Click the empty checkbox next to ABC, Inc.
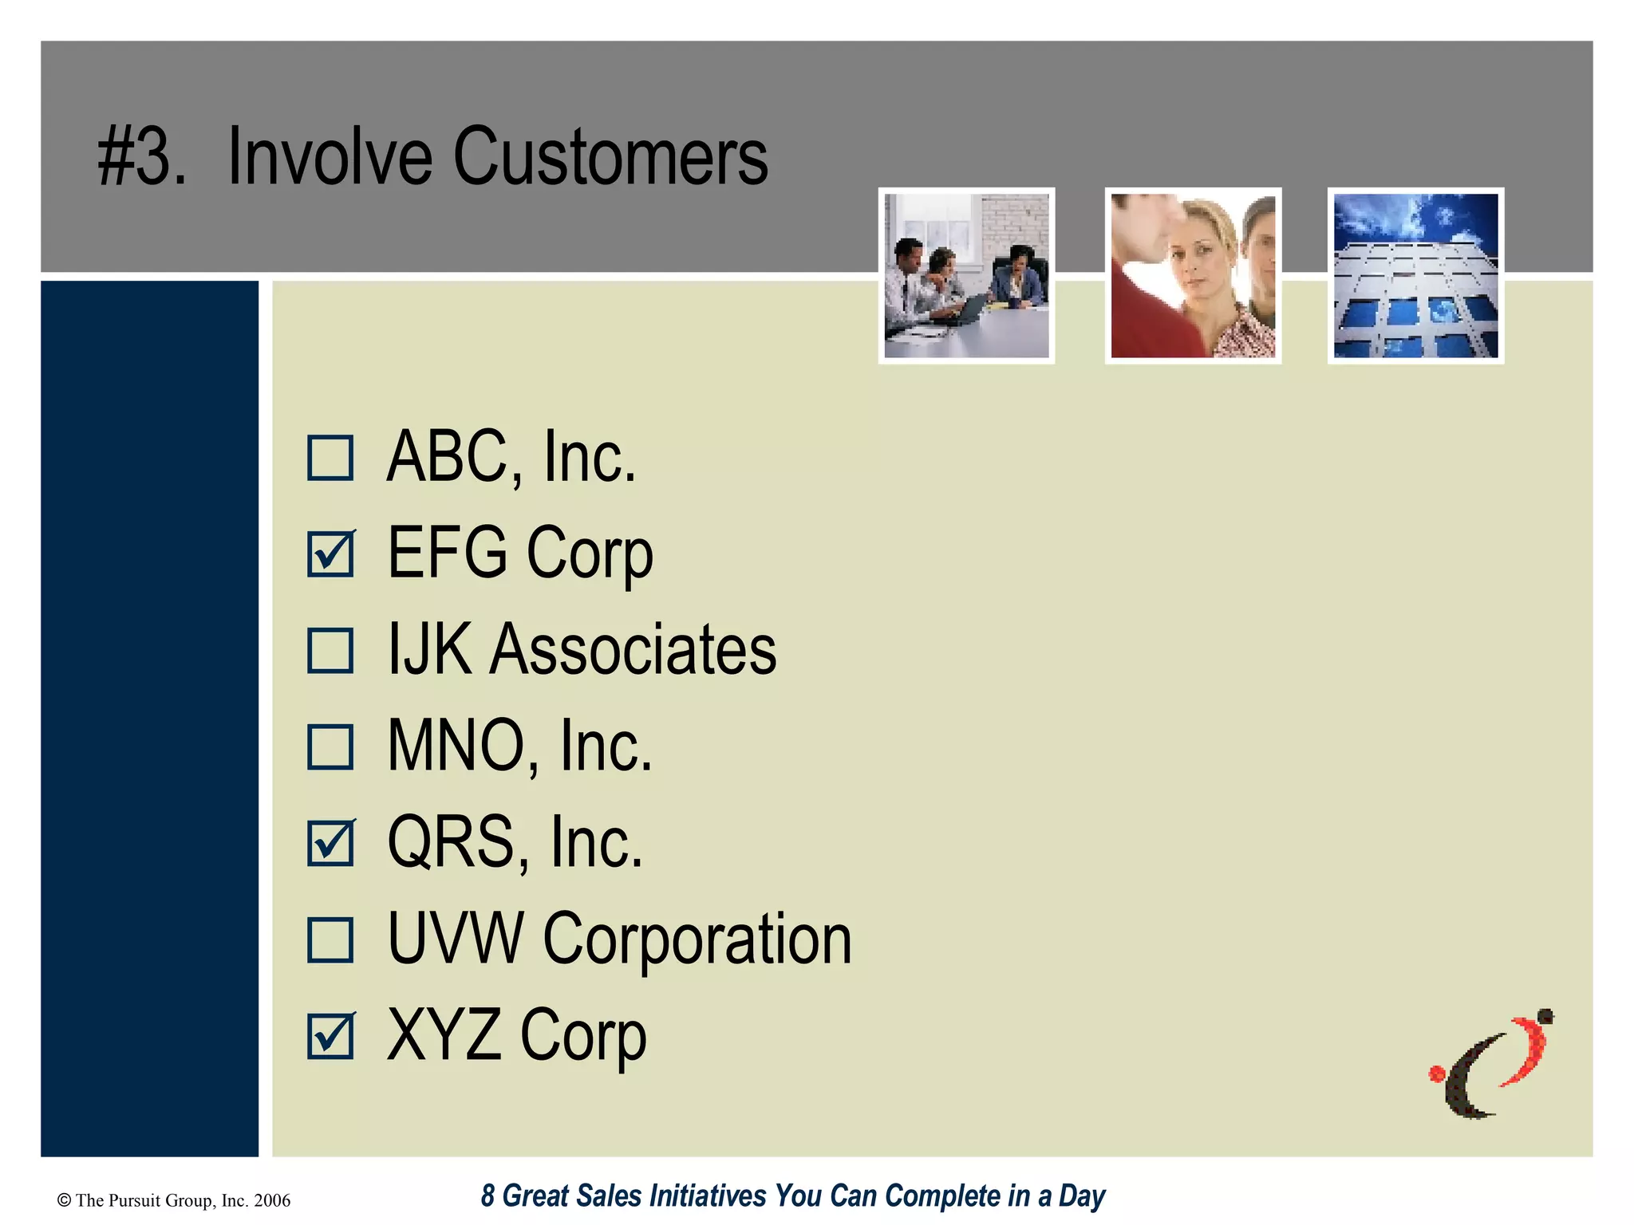[330, 458]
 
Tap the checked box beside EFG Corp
[330, 554]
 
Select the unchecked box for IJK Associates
[330, 651]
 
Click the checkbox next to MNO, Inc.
[330, 747]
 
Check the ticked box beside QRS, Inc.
[330, 844]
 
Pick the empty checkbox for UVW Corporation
[330, 939]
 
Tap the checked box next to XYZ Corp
[330, 1036]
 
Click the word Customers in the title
[610, 157]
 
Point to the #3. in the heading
[142, 157]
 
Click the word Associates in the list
[632, 650]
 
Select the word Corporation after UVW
[697, 939]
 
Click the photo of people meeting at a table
[966, 276]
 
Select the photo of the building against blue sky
[1415, 276]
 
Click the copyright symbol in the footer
[65, 1200]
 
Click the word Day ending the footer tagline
[1081, 1196]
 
